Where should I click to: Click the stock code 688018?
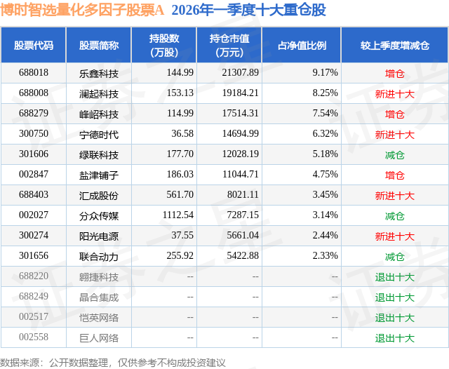pos(34,73)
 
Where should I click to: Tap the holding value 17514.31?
pos(239,114)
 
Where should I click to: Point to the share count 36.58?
pos(181,134)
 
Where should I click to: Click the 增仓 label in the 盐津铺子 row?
pos(395,175)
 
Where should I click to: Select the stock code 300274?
pos(34,236)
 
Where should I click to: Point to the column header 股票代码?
pos(34,46)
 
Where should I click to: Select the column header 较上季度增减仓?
pos(395,46)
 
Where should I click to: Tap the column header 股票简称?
pos(99,46)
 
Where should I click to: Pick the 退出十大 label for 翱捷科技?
pos(395,276)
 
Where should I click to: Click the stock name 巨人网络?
pos(99,337)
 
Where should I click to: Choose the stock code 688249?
pos(34,297)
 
